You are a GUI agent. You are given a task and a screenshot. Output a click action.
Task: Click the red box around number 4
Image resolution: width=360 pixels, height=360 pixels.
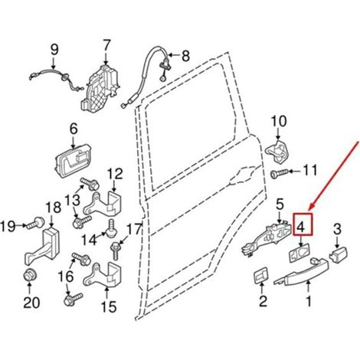tap(293, 224)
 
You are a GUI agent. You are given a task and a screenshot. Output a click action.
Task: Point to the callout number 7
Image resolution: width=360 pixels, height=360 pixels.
tap(106, 47)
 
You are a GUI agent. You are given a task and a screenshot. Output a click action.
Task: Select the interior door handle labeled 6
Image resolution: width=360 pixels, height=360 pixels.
tap(72, 162)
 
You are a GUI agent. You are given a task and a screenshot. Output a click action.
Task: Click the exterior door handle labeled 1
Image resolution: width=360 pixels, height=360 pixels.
tap(301, 273)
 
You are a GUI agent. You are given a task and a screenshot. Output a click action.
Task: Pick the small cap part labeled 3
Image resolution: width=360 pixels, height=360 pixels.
tap(339, 254)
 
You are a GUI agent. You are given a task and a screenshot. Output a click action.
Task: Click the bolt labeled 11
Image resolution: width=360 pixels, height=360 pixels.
tap(280, 175)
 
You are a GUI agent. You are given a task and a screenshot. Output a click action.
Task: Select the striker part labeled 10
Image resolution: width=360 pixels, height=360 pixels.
tap(278, 152)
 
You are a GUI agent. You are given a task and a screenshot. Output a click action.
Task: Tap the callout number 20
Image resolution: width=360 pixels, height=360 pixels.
tap(31, 303)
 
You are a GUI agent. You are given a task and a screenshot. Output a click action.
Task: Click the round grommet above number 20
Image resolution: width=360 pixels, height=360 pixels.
tap(30, 276)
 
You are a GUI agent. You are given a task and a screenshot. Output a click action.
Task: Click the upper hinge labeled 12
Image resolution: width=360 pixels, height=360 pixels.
tap(102, 204)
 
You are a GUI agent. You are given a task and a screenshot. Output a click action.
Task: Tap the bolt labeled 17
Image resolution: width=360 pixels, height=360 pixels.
tap(115, 250)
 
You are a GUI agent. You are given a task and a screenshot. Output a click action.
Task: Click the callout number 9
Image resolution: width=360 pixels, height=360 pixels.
tap(54, 50)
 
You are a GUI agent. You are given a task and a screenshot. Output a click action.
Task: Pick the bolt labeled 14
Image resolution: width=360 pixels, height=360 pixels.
tap(111, 228)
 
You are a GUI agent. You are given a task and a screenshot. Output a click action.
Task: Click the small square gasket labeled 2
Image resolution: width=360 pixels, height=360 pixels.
tap(260, 275)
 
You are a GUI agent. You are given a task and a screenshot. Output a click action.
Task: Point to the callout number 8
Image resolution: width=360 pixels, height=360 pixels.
tap(185, 56)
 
